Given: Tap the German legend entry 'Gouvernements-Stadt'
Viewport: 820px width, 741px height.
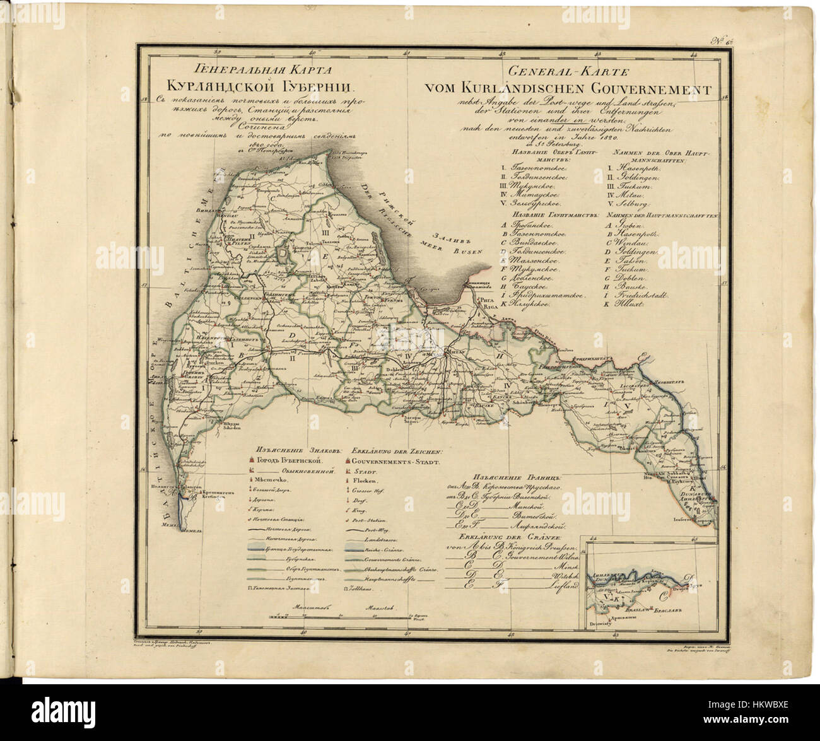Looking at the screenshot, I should click(x=388, y=462).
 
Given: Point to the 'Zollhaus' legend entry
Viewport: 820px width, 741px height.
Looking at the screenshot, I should click(x=366, y=589).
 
